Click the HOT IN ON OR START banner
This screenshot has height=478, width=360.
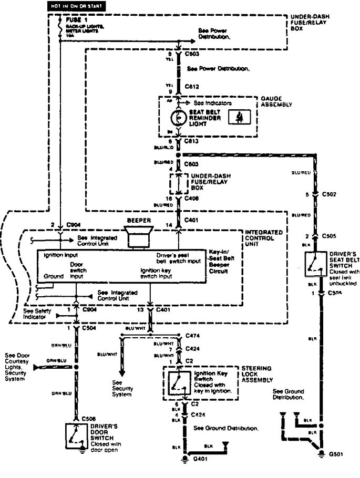[x=75, y=6]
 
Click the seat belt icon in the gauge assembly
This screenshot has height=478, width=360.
[x=238, y=118]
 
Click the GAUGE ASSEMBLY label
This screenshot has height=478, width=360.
[x=276, y=101]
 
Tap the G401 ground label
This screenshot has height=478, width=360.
[x=199, y=459]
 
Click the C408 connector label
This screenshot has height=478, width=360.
[x=192, y=199]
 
